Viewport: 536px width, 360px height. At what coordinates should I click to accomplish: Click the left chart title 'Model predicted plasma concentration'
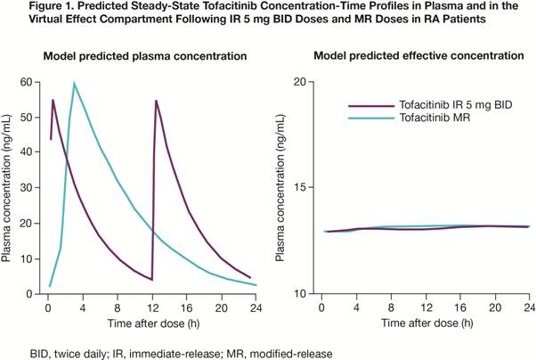(145, 56)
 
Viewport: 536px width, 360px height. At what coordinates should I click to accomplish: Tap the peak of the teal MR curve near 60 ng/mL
(74, 84)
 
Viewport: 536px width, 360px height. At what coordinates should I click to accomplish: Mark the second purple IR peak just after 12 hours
(157, 101)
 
